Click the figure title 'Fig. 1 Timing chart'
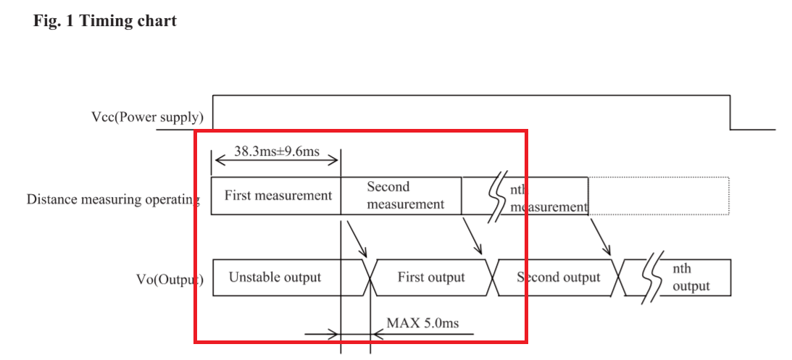point(105,20)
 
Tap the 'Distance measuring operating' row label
point(112,198)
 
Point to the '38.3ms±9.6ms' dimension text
point(277,152)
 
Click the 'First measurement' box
point(277,196)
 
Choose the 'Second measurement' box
point(403,196)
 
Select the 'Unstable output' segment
point(275,277)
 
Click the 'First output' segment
point(431,277)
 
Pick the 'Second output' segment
point(558,277)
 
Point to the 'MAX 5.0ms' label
point(422,323)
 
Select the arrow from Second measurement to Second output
point(472,235)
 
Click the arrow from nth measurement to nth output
point(600,236)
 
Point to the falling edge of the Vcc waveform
point(730,112)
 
